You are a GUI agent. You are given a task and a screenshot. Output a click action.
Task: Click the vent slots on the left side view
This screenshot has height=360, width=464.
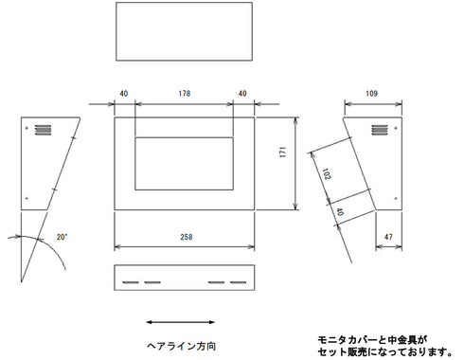click(41, 129)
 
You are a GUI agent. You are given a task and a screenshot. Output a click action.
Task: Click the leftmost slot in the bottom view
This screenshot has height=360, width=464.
click(127, 281)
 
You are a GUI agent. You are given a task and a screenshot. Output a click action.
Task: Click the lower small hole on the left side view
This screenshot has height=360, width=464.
click(27, 198)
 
